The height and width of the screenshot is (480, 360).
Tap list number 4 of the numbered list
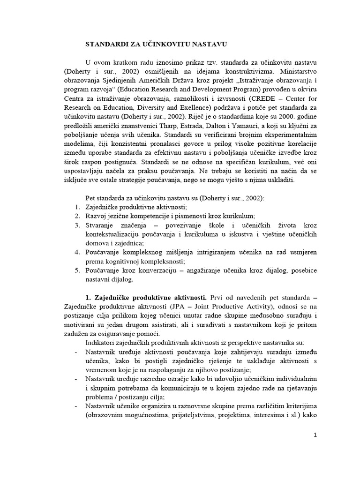tap(78, 252)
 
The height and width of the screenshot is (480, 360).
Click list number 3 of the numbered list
tap(78, 225)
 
